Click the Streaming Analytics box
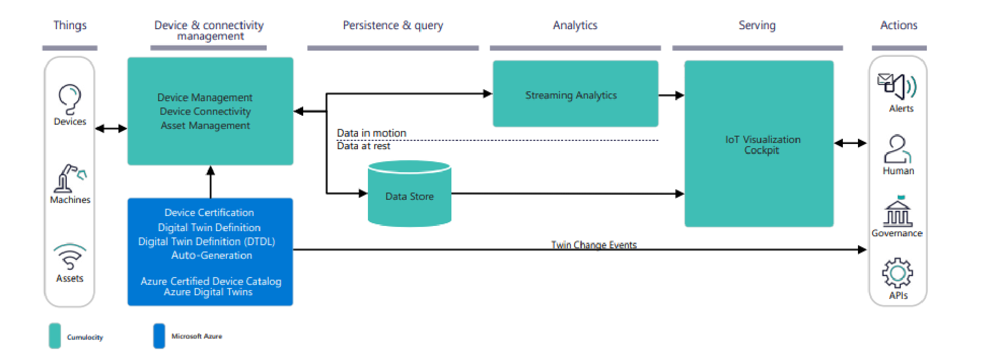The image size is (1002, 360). click(x=575, y=94)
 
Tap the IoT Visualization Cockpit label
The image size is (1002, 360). click(x=762, y=145)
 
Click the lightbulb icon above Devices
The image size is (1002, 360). click(x=69, y=99)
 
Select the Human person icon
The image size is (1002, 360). click(x=898, y=149)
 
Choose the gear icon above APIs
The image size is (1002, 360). click(x=898, y=272)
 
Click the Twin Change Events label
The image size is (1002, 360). click(x=594, y=244)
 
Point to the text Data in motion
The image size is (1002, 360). click(x=371, y=133)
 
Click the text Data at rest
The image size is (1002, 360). click(x=363, y=146)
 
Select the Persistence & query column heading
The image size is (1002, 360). click(x=392, y=26)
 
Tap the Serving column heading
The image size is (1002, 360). click(x=757, y=26)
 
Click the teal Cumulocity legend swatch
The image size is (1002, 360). click(x=55, y=335)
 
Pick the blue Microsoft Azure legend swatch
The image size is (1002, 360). click(x=159, y=335)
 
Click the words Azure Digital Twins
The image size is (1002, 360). click(x=208, y=292)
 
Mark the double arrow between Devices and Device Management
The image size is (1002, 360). click(x=111, y=128)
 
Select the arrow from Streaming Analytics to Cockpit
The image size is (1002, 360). click(x=671, y=95)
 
